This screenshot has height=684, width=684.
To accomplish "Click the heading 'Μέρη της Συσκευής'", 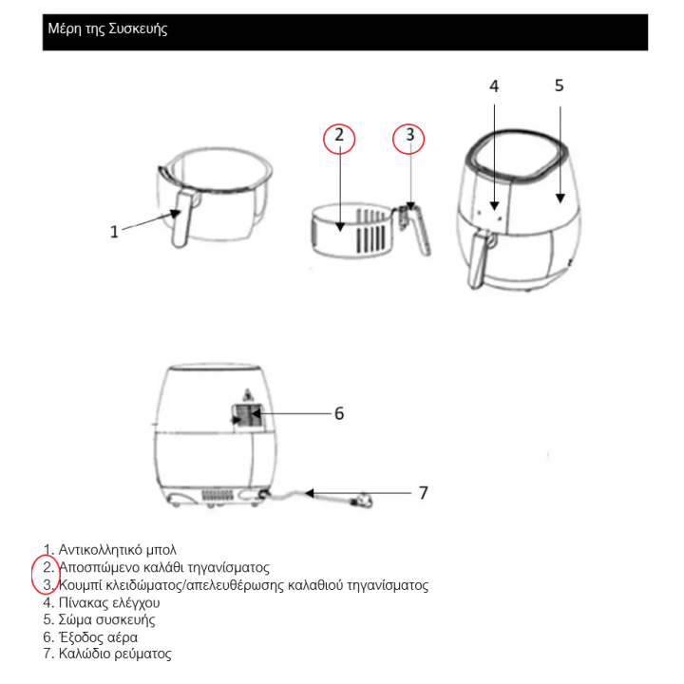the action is pyautogui.click(x=107, y=28).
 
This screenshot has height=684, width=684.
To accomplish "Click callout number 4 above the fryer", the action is pyautogui.click(x=494, y=86).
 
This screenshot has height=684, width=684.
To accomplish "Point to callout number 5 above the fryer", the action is pyautogui.click(x=560, y=85).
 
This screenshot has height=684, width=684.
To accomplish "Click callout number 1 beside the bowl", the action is pyautogui.click(x=114, y=232).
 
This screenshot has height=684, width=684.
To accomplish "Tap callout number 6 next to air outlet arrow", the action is pyautogui.click(x=339, y=413).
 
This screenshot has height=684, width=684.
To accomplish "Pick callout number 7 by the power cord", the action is pyautogui.click(x=424, y=493).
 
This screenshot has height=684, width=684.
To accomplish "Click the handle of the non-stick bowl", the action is pyautogui.click(x=181, y=218).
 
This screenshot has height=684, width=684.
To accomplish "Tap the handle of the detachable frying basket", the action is pyautogui.click(x=416, y=229).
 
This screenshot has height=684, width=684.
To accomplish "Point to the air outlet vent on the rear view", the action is pyautogui.click(x=247, y=416).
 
